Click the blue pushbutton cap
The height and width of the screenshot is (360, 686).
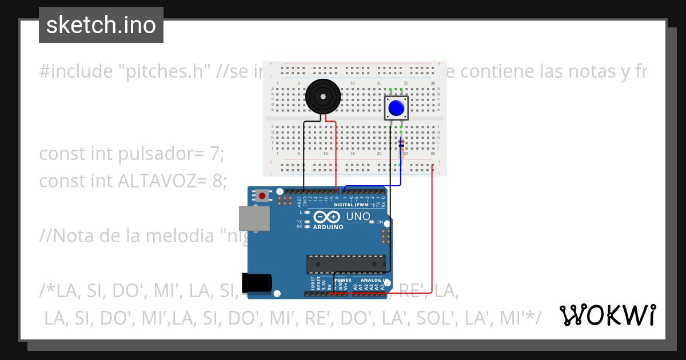[x=396, y=107]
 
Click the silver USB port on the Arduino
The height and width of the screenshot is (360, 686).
[x=254, y=218]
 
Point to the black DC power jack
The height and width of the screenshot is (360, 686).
[x=256, y=283]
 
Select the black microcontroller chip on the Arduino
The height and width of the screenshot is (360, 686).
[x=346, y=264]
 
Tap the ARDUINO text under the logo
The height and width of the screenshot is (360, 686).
[x=328, y=227]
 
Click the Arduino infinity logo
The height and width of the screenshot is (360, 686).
[x=326, y=217]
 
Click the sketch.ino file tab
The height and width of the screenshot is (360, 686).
[x=101, y=25]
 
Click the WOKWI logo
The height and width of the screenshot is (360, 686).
[x=608, y=315]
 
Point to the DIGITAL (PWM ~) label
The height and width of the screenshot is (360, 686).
[x=354, y=205]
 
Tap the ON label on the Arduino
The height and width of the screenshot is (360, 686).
[x=379, y=222]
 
